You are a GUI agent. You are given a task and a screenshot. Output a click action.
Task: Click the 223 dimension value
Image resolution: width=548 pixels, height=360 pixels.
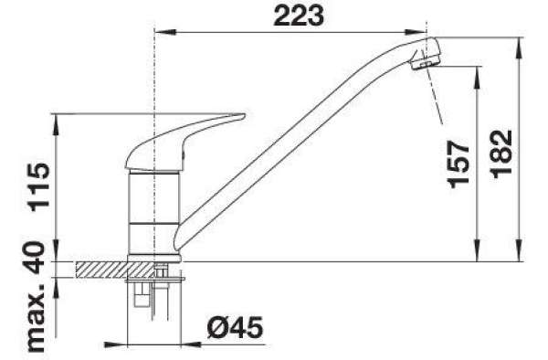pos(299,16)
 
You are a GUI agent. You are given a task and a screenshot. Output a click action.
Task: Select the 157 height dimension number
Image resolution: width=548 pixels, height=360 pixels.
pos(458,164)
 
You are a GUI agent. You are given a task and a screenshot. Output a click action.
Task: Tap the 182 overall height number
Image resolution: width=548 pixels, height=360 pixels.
pos(502,154)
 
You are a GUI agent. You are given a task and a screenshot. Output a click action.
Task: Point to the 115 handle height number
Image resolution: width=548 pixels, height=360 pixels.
pos(39,187)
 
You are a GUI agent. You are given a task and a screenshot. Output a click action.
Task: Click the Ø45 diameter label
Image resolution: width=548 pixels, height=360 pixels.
pos(235,328)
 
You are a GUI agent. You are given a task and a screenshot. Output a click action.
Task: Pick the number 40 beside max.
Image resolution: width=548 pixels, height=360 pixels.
pos(36,259)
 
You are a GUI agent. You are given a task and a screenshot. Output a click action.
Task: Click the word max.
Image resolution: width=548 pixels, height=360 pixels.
pos(36,319)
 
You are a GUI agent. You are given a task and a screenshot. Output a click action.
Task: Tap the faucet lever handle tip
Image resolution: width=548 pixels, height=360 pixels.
pos(243,115)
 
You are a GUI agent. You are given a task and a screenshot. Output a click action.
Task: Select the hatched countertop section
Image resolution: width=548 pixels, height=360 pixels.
pos(115,270)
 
